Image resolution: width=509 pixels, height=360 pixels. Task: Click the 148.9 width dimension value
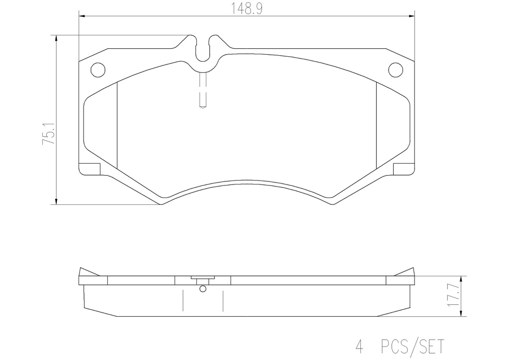(x=247, y=9)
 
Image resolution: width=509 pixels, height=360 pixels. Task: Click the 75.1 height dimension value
(x=49, y=134)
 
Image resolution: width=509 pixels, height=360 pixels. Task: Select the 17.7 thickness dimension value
(x=454, y=295)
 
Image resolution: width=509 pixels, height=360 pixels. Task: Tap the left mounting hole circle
(x=98, y=70)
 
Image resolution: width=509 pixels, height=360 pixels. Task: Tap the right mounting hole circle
(x=396, y=70)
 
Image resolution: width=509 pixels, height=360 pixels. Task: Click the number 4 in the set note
(x=360, y=347)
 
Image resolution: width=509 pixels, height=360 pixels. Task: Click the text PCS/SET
(x=412, y=347)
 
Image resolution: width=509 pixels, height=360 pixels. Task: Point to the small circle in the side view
(x=203, y=288)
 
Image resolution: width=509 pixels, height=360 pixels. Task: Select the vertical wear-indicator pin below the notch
(x=203, y=90)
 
